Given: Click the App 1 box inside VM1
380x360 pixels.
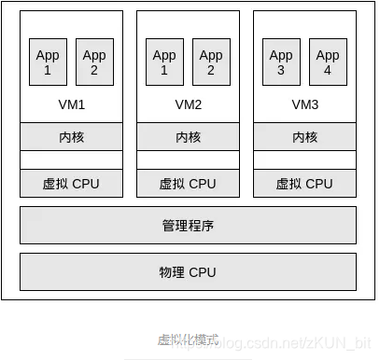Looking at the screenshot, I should pos(48,62).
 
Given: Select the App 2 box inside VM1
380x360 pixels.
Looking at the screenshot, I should pos(94,62).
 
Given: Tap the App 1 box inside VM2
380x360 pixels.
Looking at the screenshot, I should pos(164,62).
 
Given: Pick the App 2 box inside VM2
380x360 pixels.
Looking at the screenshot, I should pos(211,62).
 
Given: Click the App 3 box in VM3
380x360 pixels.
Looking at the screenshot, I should pos(281,62).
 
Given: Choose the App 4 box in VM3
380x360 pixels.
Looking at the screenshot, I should pos(328,62).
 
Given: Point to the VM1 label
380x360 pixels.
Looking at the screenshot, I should pos(71,104).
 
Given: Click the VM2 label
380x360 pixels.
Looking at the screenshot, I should pos(188,104).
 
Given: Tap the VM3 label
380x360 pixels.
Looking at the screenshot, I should pos(304,104).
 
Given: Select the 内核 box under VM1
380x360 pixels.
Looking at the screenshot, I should pos(71,137).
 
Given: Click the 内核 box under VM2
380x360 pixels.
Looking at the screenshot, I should pos(188,137).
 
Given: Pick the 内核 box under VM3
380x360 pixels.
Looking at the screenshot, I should pos(304,137).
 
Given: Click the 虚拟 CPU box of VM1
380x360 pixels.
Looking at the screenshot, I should pos(71,184).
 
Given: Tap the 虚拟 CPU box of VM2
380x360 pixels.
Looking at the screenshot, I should pos(188,184).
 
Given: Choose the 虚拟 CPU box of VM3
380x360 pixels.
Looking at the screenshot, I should pos(304,184).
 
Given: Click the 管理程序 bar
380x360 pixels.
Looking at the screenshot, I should pos(188,226).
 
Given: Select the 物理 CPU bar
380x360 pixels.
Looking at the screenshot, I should pos(188,272).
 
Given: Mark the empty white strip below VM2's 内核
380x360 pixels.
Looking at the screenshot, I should pos(188,160).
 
